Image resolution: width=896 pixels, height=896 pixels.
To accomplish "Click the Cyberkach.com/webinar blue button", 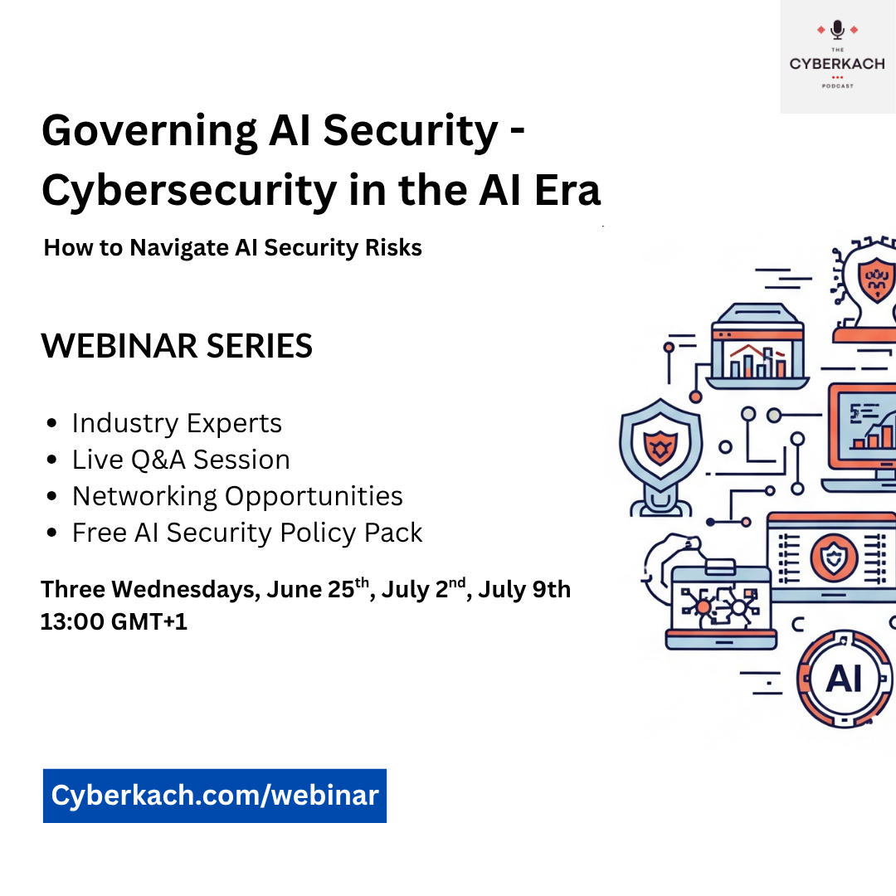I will pyautogui.click(x=214, y=796).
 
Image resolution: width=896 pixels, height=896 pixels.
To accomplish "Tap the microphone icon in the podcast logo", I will pyautogui.click(x=837, y=31).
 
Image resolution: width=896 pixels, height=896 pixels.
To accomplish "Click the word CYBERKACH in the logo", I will pyautogui.click(x=836, y=64).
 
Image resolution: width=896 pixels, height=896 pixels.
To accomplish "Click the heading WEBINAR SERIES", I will pyautogui.click(x=177, y=346).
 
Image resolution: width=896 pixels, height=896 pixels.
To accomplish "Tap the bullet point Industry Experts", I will pyautogui.click(x=177, y=423).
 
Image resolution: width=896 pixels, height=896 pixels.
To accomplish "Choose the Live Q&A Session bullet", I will pyautogui.click(x=181, y=460).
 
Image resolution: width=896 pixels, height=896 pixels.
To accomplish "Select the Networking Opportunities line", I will pyautogui.click(x=237, y=496).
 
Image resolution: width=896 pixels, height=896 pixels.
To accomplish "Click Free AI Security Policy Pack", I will pyautogui.click(x=247, y=533).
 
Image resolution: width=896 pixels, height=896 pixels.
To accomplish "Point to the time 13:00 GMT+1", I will pyautogui.click(x=114, y=621).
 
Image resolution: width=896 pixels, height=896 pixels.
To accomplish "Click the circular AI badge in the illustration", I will pyautogui.click(x=845, y=679).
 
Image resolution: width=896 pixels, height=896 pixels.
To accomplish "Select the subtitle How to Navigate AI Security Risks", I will pyautogui.click(x=232, y=247).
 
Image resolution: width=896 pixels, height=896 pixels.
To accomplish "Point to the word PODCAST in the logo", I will pyautogui.click(x=837, y=85).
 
